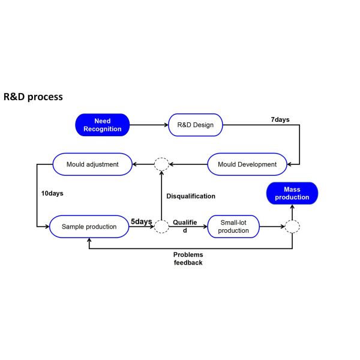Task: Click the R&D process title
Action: tap(33, 97)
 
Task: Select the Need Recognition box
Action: tap(102, 125)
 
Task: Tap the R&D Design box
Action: tap(196, 125)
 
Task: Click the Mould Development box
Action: tap(247, 164)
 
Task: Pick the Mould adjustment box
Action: tap(93, 164)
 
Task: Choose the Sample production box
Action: tap(89, 227)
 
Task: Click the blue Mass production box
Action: tap(292, 193)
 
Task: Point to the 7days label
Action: tap(280, 119)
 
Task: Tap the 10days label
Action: tap(53, 194)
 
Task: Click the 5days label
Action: tap(142, 221)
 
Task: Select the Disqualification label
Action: tap(191, 196)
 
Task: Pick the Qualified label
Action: tap(185, 226)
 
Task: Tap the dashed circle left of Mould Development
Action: tap(161, 164)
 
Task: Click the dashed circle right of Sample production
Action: tap(161, 227)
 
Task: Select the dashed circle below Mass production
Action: tap(292, 227)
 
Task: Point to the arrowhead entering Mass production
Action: tap(292, 208)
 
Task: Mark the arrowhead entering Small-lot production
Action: tap(205, 227)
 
